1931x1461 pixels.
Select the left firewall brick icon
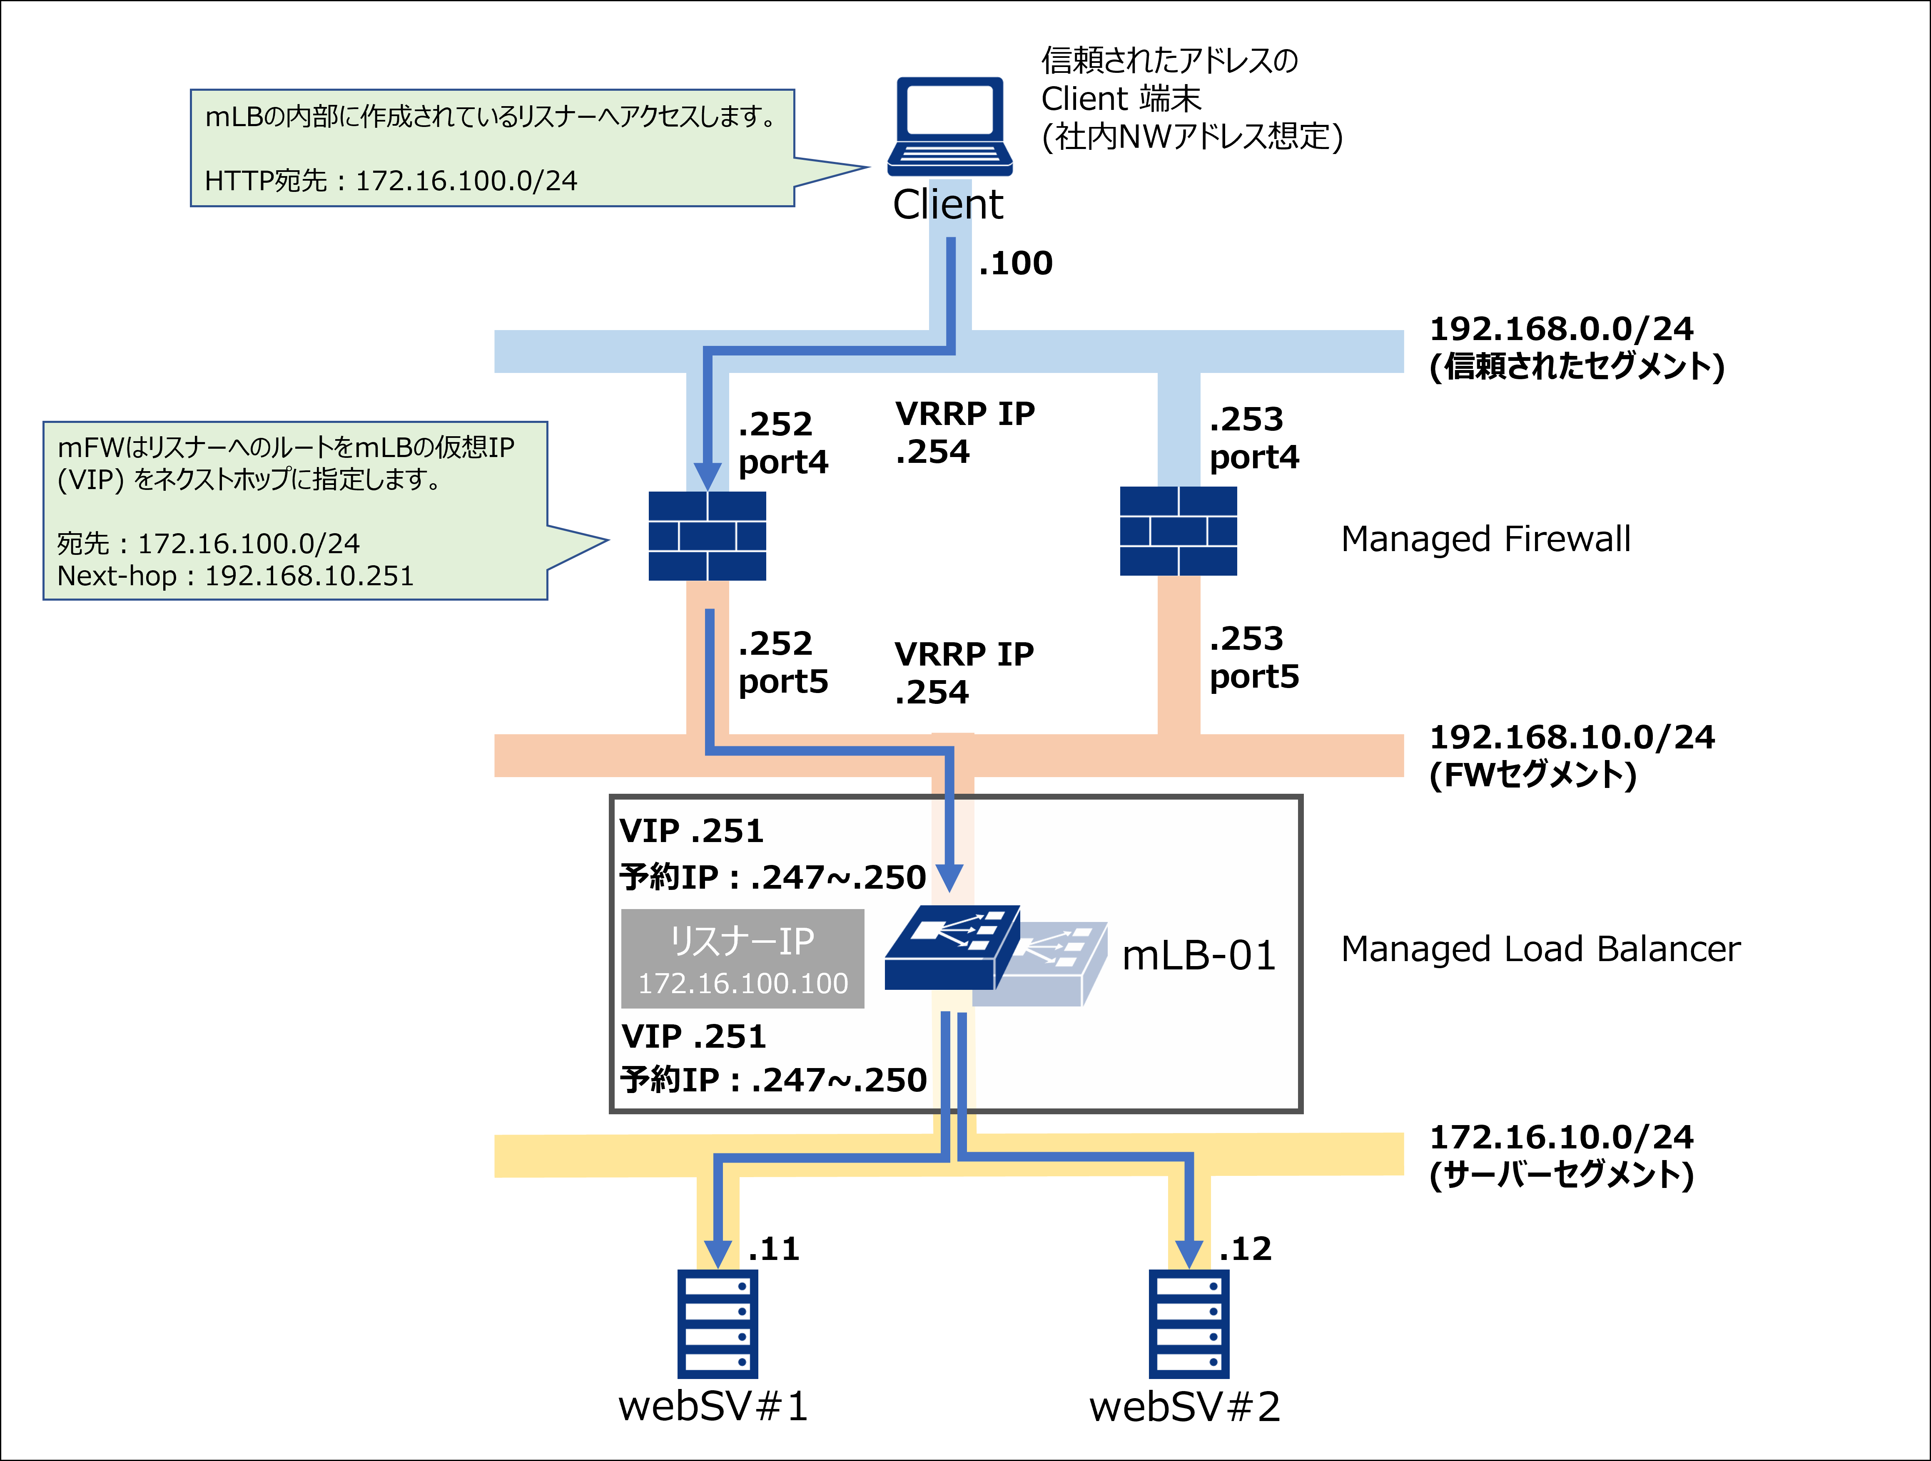(x=707, y=536)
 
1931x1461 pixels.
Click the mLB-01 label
(x=1198, y=956)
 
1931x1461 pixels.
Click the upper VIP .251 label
(x=691, y=831)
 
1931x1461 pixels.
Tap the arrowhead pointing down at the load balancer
(x=949, y=877)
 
